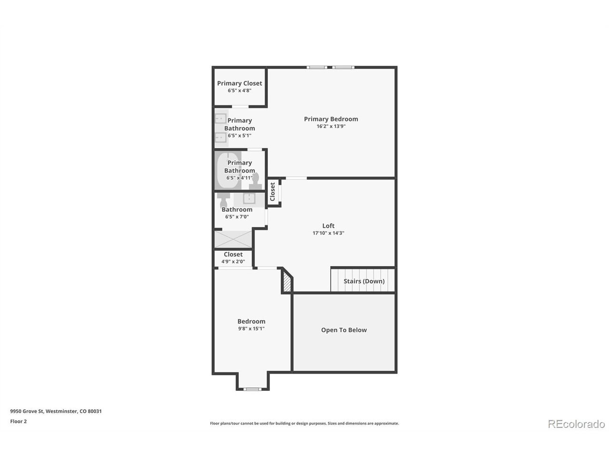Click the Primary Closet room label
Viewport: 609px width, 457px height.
click(239, 83)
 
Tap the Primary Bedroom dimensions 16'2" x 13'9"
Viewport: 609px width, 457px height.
click(331, 126)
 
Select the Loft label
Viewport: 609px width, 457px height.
click(328, 226)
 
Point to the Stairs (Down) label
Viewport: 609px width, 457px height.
click(364, 281)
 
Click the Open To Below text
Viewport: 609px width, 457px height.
click(344, 330)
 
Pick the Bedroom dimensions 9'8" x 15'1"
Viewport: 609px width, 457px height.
click(251, 328)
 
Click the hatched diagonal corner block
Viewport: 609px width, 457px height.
click(286, 281)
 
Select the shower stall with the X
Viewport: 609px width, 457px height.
click(233, 239)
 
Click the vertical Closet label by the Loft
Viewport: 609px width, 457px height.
click(272, 191)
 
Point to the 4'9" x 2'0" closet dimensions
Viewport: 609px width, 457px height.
click(233, 261)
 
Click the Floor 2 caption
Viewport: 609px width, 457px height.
click(18, 421)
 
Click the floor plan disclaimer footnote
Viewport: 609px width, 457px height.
click(304, 423)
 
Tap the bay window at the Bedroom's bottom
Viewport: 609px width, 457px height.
click(252, 389)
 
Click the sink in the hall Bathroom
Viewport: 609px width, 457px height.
click(249, 199)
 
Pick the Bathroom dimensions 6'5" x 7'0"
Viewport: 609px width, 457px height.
click(236, 217)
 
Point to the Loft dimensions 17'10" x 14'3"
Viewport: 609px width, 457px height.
click(328, 233)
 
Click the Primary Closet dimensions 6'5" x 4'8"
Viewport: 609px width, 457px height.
click(239, 90)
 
